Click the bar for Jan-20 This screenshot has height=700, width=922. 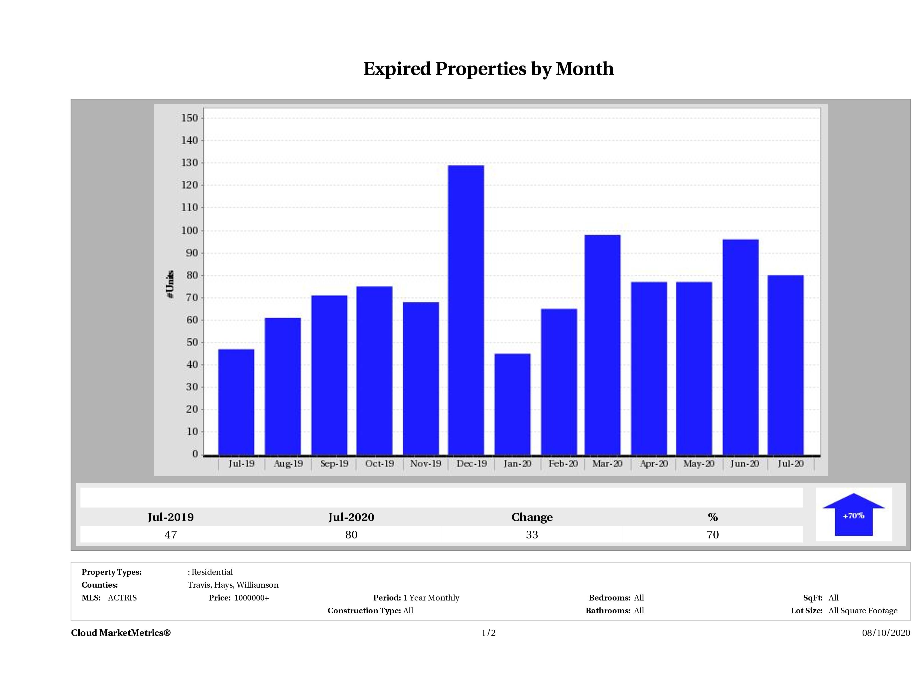(512, 404)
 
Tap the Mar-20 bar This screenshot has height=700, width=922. (602, 345)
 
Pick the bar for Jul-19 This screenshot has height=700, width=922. (236, 402)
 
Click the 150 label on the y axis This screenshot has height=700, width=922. (190, 118)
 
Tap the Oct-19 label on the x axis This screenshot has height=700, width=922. (379, 464)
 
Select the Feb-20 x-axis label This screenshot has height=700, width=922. (563, 464)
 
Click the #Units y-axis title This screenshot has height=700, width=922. (170, 284)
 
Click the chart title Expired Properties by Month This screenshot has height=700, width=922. (489, 69)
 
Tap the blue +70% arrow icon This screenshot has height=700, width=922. (853, 515)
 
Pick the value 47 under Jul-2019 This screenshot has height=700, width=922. (171, 534)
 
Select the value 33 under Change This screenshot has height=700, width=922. (532, 534)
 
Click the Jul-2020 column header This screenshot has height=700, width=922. (351, 517)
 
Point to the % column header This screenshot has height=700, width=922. (712, 517)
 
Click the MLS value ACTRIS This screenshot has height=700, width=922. (122, 598)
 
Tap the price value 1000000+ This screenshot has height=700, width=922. (251, 598)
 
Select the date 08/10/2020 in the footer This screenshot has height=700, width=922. (886, 633)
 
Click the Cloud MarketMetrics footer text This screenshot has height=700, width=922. (121, 633)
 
